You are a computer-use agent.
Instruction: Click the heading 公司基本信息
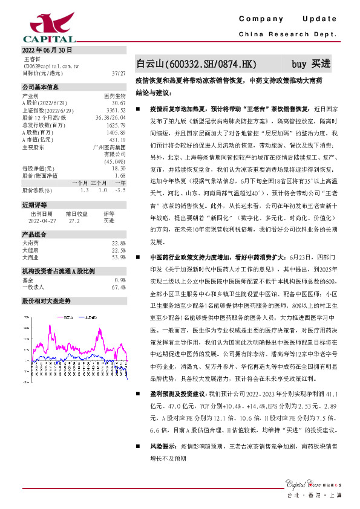pos(41,87)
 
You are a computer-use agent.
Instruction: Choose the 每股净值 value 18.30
pos(119,169)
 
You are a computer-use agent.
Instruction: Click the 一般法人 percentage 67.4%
pos(119,287)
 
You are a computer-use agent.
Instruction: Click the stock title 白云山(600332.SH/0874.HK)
pos(197,63)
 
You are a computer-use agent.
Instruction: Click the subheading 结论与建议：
pos(154,94)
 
